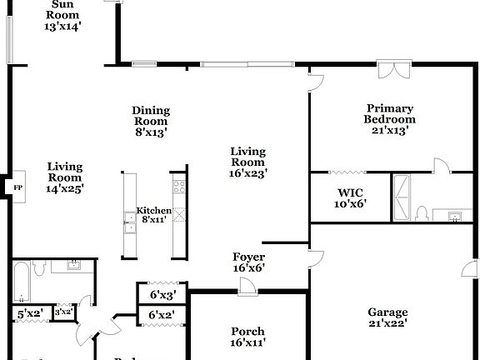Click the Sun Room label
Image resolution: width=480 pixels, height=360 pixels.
coord(62,15)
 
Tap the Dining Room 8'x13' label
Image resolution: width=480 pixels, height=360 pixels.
coord(151,121)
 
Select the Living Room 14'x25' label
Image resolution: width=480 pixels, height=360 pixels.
coord(64,177)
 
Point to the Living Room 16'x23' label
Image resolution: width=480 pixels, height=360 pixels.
coord(247,162)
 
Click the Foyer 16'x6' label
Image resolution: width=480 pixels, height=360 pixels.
coord(248,262)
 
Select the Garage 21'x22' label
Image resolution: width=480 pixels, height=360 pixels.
coord(387,318)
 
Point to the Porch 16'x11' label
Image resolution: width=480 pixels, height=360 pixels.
coord(247,337)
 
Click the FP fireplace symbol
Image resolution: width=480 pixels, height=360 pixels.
coord(17,187)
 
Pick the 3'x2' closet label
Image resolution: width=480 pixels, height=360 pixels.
coord(63,312)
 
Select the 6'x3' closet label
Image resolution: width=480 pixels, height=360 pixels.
coord(162,295)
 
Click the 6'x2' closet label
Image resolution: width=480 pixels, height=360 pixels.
coord(162,315)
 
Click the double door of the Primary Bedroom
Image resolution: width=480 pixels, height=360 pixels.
coord(391,68)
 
